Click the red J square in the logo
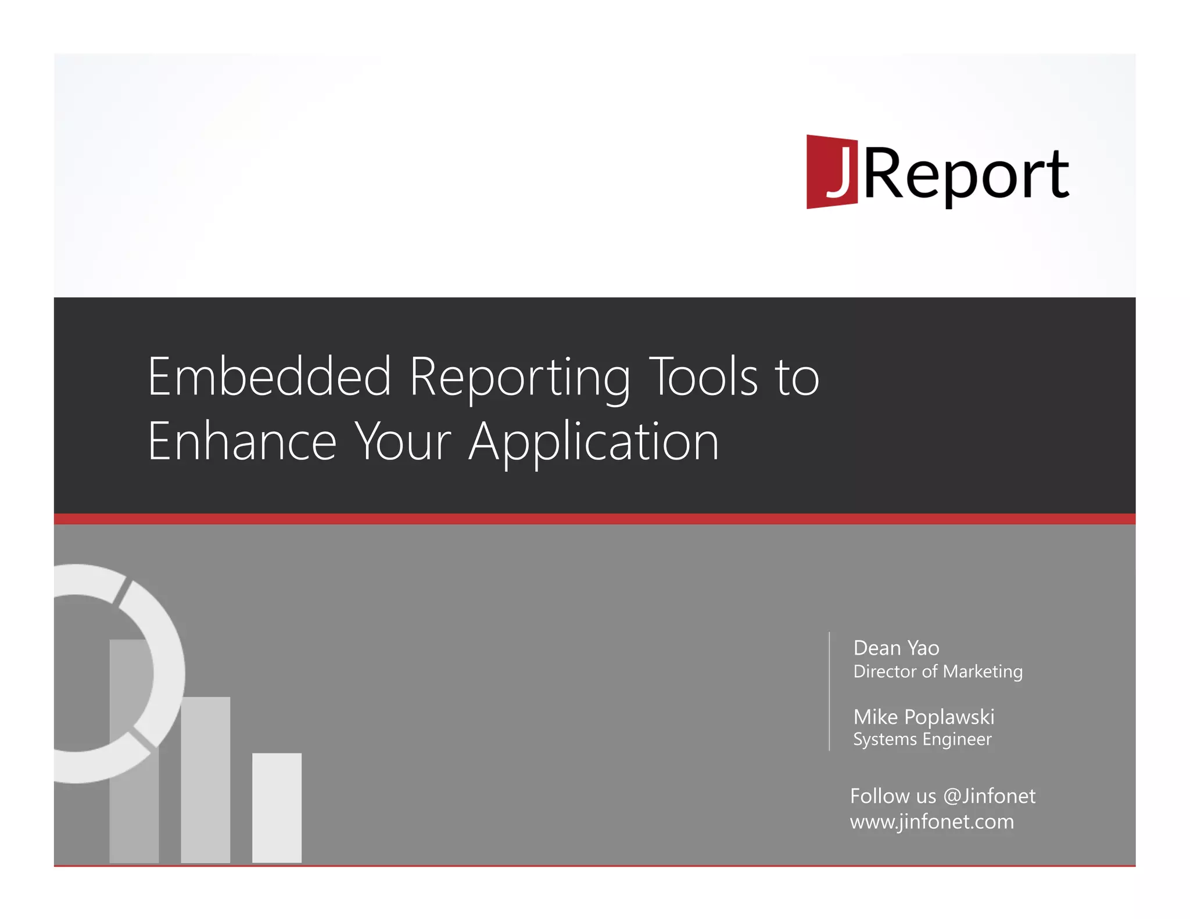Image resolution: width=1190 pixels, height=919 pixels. [x=831, y=172]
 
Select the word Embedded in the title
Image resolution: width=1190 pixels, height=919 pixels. [x=269, y=377]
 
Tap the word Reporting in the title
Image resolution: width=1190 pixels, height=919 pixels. [x=519, y=378]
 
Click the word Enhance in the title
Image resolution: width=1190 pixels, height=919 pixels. [x=242, y=441]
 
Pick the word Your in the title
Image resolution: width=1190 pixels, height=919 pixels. [x=403, y=441]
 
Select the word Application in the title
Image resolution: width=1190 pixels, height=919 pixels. [x=594, y=443]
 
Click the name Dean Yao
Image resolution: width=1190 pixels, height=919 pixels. [x=895, y=648]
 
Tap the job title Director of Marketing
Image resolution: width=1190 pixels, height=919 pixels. [x=937, y=672]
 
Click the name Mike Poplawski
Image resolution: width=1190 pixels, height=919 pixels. [x=923, y=717]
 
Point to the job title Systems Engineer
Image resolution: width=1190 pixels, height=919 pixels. [x=922, y=739]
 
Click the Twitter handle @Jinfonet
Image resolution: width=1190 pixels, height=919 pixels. [x=989, y=796]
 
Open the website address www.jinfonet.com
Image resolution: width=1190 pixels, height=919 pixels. [x=931, y=822]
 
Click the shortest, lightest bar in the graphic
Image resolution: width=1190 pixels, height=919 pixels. [x=277, y=807]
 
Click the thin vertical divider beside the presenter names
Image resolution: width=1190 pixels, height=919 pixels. [x=829, y=691]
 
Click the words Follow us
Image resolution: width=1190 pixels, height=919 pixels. [x=892, y=796]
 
